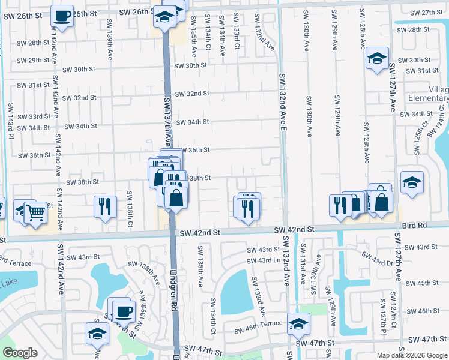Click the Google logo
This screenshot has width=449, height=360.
coord(20,353)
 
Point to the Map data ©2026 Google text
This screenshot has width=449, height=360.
coord(412,355)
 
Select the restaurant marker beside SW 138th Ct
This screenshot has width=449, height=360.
coord(105,206)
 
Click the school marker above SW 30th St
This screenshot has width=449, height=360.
coord(376,58)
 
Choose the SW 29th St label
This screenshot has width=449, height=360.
coord(33,60)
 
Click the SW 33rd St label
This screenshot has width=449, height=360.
coord(34,116)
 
